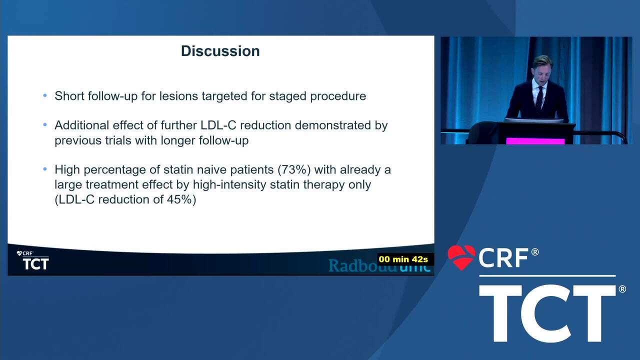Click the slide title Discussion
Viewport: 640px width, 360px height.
pyautogui.click(x=220, y=51)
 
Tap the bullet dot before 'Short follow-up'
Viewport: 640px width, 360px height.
pyautogui.click(x=45, y=95)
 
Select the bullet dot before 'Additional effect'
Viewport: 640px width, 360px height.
pyautogui.click(x=45, y=125)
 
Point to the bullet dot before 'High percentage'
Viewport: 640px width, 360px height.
pyautogui.click(x=45, y=169)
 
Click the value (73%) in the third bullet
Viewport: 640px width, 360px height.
pyautogui.click(x=294, y=169)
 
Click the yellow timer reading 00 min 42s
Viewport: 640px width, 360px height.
pyautogui.click(x=403, y=259)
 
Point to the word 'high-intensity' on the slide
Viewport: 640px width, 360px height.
pyautogui.click(x=229, y=184)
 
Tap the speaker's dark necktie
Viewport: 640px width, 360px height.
pyautogui.click(x=539, y=98)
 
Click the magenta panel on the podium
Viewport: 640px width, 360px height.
pyautogui.click(x=535, y=141)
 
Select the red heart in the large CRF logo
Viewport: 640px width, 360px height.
pyautogui.click(x=461, y=257)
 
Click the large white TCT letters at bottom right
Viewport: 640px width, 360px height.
pyautogui.click(x=547, y=313)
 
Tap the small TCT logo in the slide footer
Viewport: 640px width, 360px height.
pyautogui.click(x=35, y=263)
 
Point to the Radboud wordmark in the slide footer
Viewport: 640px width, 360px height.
pyautogui.click(x=379, y=265)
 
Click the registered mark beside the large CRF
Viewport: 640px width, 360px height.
pyautogui.click(x=535, y=252)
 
